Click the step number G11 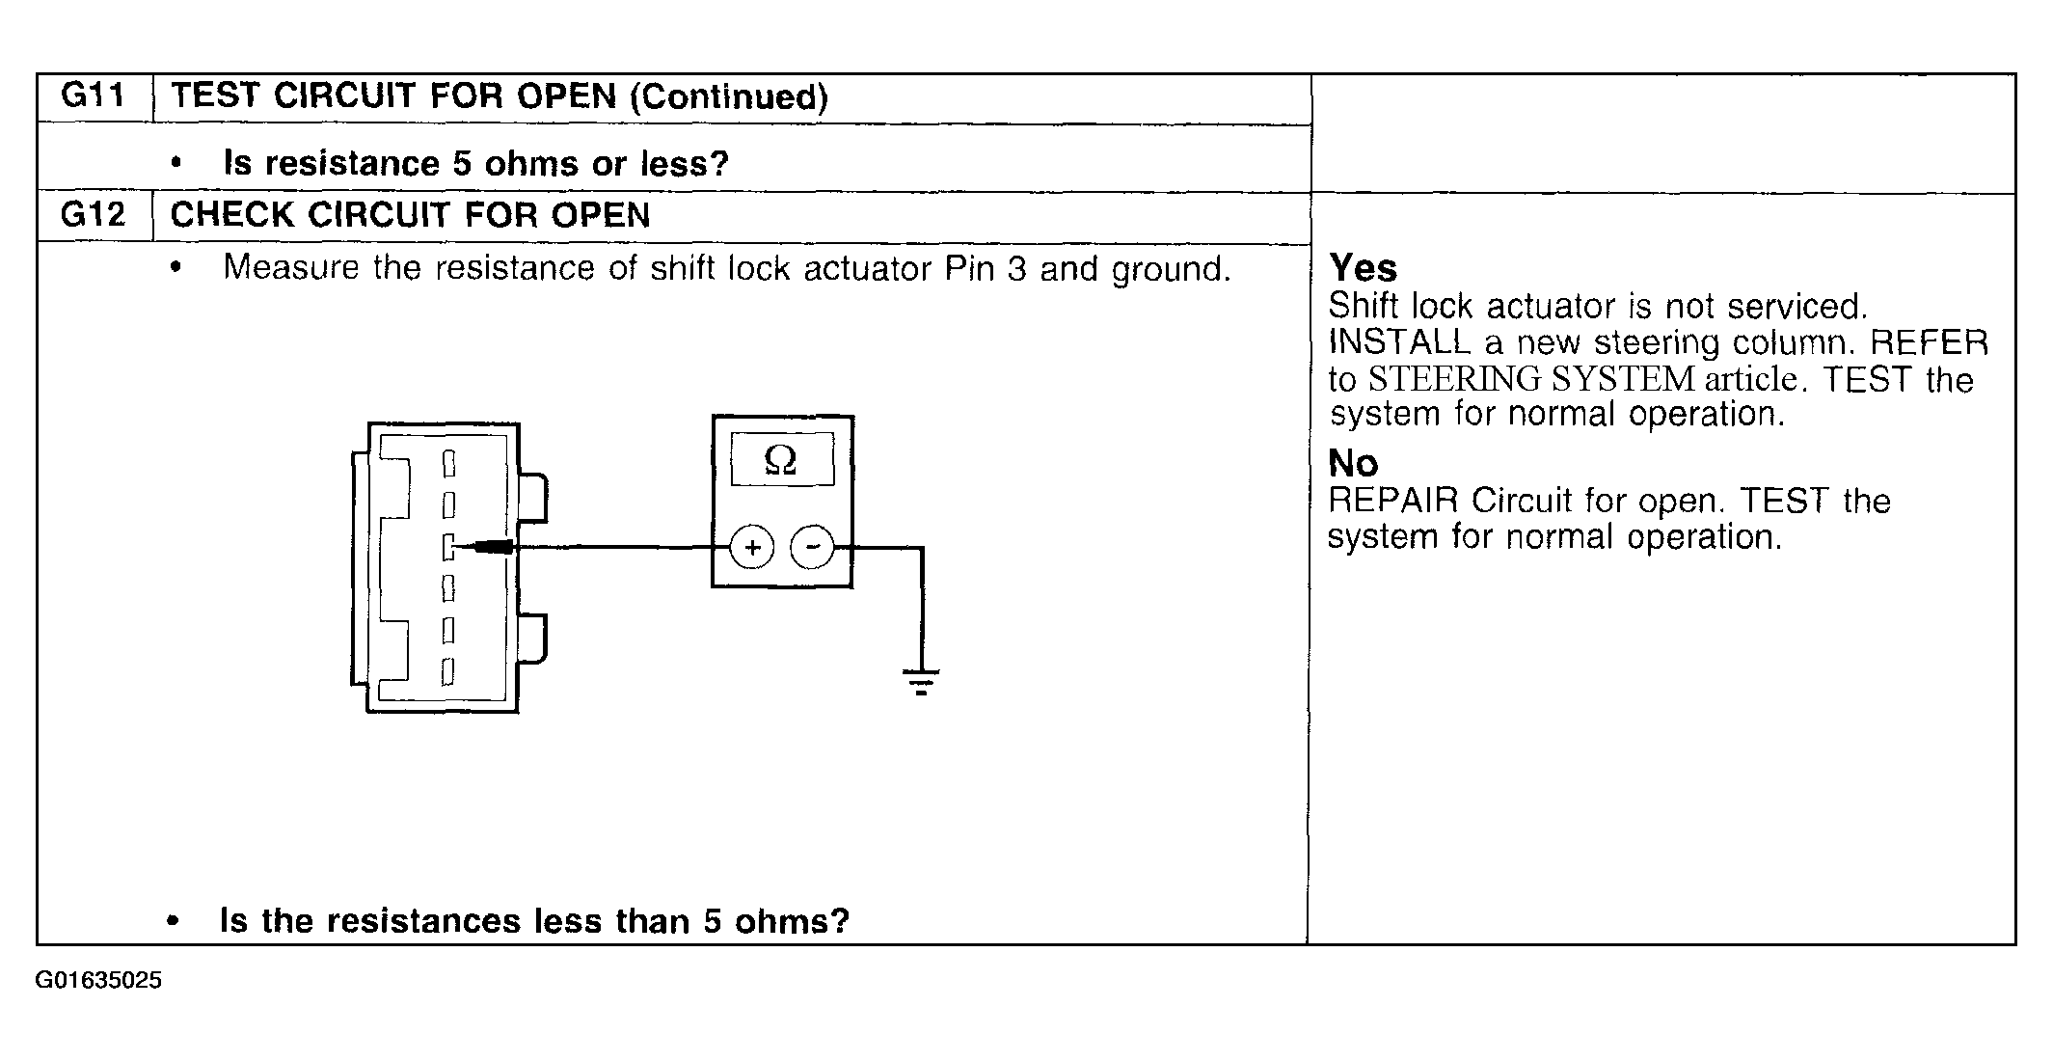coord(93,95)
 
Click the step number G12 coord(93,213)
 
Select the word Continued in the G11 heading coord(728,96)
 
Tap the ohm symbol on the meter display coord(780,460)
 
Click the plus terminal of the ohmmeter coord(752,548)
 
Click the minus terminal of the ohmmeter coord(812,548)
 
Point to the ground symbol coord(922,682)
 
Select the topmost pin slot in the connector coord(448,464)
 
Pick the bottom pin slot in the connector coord(447,670)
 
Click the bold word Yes coord(1363,267)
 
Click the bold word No coord(1353,464)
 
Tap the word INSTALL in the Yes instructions coord(1399,342)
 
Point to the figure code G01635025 coord(99,981)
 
